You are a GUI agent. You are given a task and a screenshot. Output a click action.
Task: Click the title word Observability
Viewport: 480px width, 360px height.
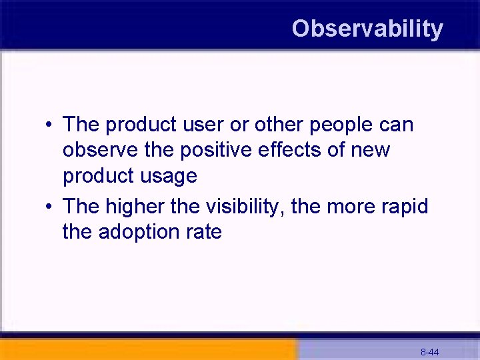tap(367, 29)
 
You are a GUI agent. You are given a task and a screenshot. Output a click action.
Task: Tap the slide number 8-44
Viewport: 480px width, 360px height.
tap(429, 352)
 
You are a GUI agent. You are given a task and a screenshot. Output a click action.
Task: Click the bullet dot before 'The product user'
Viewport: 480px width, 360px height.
tap(50, 125)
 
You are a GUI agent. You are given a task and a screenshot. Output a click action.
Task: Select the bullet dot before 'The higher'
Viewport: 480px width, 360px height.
tap(50, 207)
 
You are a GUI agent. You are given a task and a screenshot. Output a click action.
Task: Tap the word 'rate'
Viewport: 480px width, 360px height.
tap(204, 233)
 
